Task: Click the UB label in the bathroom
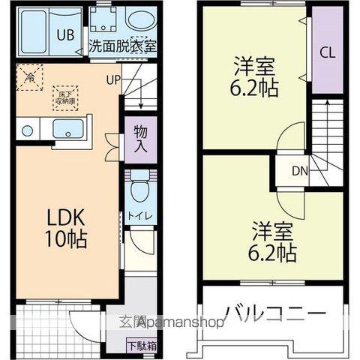[65, 34]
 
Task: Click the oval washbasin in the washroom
[139, 20]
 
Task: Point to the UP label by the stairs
[113, 79]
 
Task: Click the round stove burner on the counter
[27, 130]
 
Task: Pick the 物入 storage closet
[140, 137]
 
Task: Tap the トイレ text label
[140, 216]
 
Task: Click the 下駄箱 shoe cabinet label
[140, 346]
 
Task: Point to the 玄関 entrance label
[129, 324]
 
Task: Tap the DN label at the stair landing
[300, 171]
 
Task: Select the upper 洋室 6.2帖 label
[254, 77]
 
